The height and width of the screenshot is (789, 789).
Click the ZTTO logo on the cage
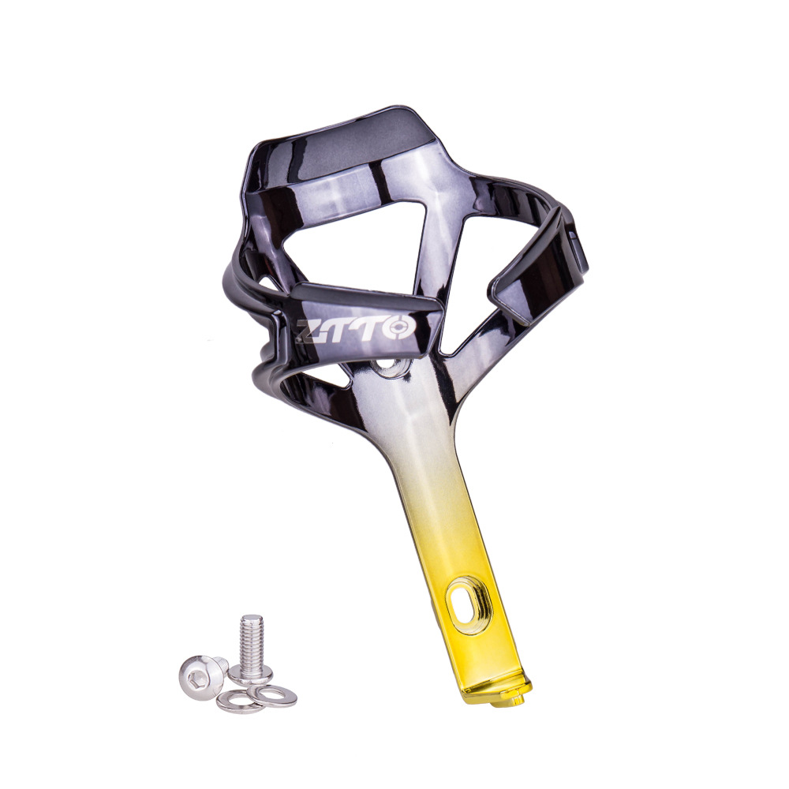pyautogui.click(x=354, y=328)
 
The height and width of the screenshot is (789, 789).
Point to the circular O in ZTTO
pyautogui.click(x=399, y=327)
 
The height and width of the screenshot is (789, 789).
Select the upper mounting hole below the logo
pyautogui.click(x=388, y=364)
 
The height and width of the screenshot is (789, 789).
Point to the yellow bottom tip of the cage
pyautogui.click(x=495, y=692)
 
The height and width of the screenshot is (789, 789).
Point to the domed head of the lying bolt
pyautogui.click(x=199, y=671)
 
